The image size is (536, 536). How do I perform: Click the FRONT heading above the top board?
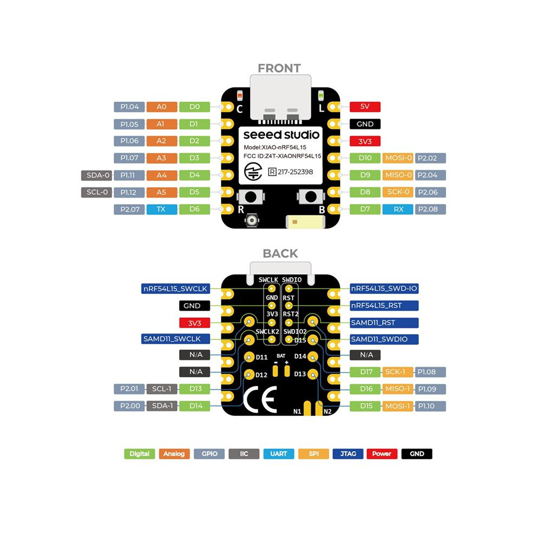(x=279, y=68)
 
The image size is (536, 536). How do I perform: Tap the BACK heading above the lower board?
(x=280, y=253)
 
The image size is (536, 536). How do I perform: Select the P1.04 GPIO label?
(x=129, y=107)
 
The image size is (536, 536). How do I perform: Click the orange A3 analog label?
(x=162, y=158)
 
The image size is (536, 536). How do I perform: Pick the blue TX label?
(x=162, y=209)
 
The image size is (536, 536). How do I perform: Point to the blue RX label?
(x=398, y=209)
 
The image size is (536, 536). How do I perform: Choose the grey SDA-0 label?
(x=97, y=175)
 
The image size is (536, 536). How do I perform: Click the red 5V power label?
(x=365, y=107)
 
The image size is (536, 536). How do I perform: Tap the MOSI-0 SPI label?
(x=398, y=158)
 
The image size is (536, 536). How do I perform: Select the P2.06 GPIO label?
(x=430, y=192)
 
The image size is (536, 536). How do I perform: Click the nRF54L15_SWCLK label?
(x=175, y=289)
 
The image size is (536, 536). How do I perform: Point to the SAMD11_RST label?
(x=384, y=323)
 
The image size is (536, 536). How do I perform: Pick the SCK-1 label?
(x=397, y=372)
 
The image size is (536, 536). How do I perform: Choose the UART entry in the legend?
(x=279, y=454)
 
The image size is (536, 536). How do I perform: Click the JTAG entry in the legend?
(x=348, y=454)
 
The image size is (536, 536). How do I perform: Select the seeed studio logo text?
(x=281, y=135)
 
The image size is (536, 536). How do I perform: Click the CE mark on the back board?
(x=260, y=399)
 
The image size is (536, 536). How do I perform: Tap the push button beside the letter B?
(x=310, y=197)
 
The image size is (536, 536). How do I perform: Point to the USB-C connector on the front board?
(x=280, y=99)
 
